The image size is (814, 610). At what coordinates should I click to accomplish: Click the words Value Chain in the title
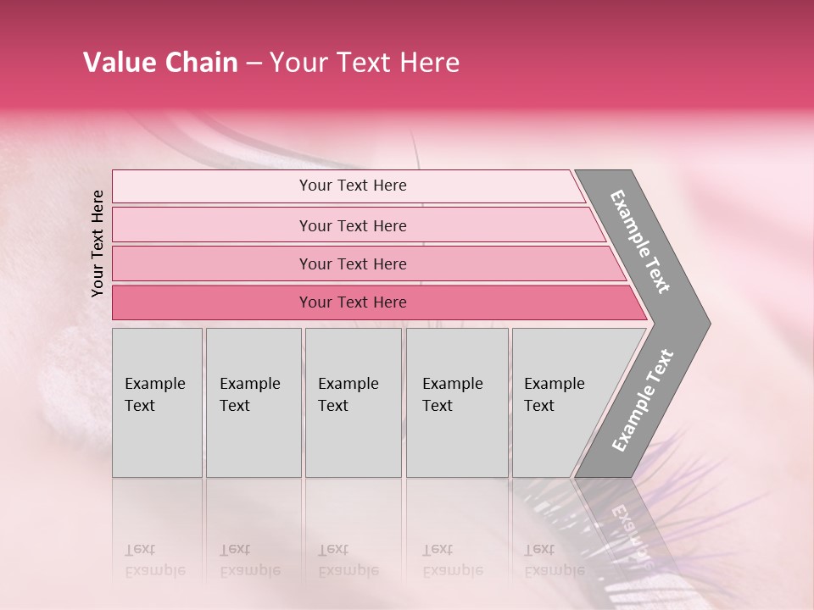tap(160, 63)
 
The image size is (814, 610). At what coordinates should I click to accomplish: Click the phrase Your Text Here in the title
tap(365, 63)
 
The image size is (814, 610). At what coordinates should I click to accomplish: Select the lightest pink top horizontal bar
tap(348, 186)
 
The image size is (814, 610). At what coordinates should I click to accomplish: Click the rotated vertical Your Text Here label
tap(98, 243)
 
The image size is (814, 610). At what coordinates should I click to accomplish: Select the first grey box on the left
tap(157, 402)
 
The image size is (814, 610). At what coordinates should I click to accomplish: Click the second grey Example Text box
tap(254, 402)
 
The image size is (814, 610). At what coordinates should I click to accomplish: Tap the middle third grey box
tap(353, 402)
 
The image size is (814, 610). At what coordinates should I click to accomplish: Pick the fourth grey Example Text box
tap(457, 402)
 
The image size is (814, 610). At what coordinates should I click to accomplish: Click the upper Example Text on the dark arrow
tap(640, 241)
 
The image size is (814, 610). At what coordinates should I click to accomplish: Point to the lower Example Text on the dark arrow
tap(643, 401)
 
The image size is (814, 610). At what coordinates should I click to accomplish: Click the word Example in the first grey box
tap(154, 384)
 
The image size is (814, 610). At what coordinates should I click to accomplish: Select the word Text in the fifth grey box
tap(539, 406)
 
